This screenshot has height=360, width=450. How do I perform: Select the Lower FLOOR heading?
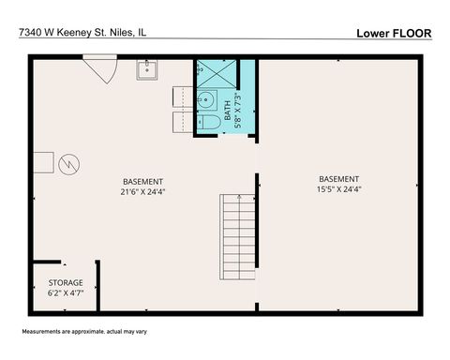(394, 33)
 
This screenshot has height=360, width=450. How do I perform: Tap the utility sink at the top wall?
(147, 68)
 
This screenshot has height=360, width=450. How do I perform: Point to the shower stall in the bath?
(216, 73)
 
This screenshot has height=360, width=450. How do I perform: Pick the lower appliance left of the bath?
(181, 123)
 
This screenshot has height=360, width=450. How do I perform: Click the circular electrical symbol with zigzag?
(67, 166)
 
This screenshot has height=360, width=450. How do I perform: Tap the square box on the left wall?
(43, 163)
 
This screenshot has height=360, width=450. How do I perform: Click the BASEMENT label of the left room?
(143, 182)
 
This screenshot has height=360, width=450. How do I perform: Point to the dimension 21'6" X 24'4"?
(143, 192)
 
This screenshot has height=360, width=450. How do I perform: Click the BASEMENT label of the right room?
(338, 179)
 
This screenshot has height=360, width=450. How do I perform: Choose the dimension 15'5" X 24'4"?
(338, 189)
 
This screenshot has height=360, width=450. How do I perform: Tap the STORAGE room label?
(66, 282)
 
